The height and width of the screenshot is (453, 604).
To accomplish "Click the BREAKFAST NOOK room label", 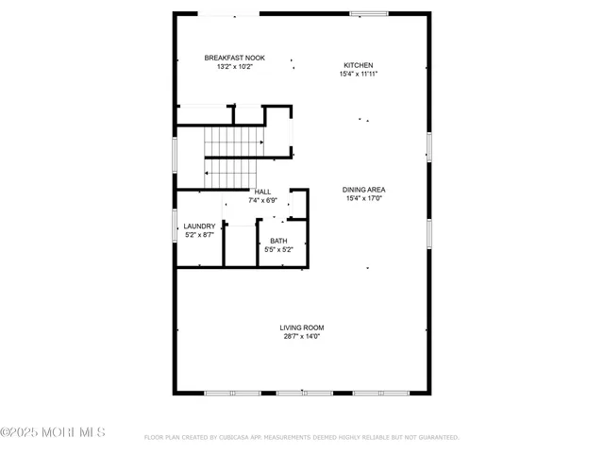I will (235, 59).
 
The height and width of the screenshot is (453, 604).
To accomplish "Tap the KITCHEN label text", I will (358, 65).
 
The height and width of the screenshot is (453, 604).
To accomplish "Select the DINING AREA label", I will (363, 190).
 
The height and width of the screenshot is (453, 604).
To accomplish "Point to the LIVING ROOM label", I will (302, 327).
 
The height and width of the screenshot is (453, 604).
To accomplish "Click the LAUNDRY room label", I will (199, 226).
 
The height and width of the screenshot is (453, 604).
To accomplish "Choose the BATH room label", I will (278, 242).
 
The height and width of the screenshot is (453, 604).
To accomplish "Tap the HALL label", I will (262, 192).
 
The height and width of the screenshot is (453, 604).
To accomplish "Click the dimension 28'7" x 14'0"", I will (302, 336).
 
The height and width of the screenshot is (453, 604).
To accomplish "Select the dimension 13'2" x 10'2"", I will (235, 67).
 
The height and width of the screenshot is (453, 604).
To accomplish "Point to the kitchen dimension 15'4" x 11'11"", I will (358, 74).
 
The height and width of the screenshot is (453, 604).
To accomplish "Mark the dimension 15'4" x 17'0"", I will (363, 198).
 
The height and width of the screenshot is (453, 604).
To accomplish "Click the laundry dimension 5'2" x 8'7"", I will (199, 234).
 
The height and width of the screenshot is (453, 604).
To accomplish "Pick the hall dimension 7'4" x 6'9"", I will (261, 200).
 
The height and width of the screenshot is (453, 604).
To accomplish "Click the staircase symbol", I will (230, 157).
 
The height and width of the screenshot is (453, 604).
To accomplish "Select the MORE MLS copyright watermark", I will (53, 433).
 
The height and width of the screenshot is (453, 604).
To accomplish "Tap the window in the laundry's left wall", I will (175, 227).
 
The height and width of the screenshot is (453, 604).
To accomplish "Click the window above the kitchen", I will (362, 13).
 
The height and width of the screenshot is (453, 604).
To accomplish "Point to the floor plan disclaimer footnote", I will (301, 437).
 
